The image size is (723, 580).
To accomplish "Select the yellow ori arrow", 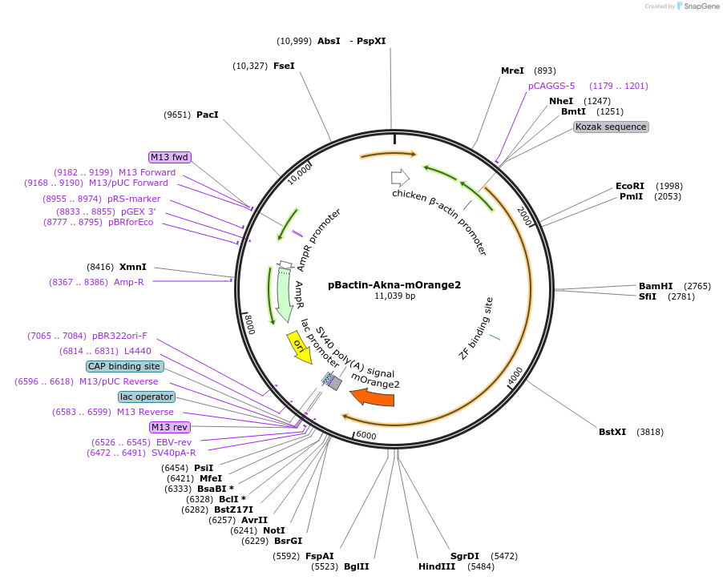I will pyautogui.click(x=301, y=348).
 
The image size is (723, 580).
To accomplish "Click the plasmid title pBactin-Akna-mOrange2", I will pyautogui.click(x=394, y=284).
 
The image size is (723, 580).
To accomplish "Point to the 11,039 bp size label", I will pyautogui.click(x=394, y=296).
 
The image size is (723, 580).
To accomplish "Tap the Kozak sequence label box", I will pyautogui.click(x=611, y=127).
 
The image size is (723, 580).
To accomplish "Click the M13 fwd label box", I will pyautogui.click(x=169, y=157).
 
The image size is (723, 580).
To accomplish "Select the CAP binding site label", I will pyautogui.click(x=124, y=366).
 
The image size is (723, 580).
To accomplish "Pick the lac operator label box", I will pyautogui.click(x=146, y=397).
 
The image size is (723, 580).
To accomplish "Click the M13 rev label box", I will pyautogui.click(x=170, y=427).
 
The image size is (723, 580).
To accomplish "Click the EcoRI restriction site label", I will pyautogui.click(x=629, y=186).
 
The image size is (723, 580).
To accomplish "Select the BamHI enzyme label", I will pyautogui.click(x=655, y=286).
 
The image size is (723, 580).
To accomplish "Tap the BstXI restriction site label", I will pyautogui.click(x=612, y=432).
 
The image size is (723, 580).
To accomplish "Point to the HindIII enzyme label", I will pyautogui.click(x=436, y=566).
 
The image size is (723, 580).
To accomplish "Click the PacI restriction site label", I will pyautogui.click(x=207, y=115).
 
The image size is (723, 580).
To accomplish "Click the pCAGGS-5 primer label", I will pyautogui.click(x=551, y=86).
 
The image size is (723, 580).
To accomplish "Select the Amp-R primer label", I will pyautogui.click(x=128, y=282).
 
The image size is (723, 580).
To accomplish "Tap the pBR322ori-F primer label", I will pyautogui.click(x=119, y=336).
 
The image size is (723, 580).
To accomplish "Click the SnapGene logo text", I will pyautogui.click(x=701, y=6).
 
